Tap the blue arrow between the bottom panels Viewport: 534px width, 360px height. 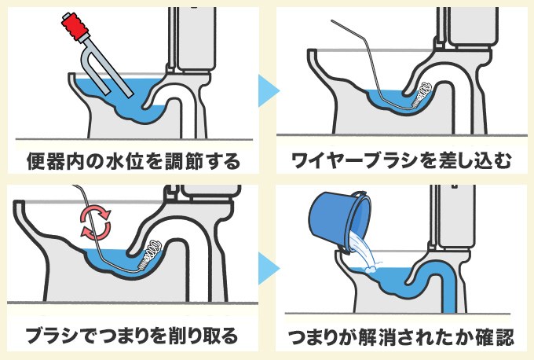(268, 267)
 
